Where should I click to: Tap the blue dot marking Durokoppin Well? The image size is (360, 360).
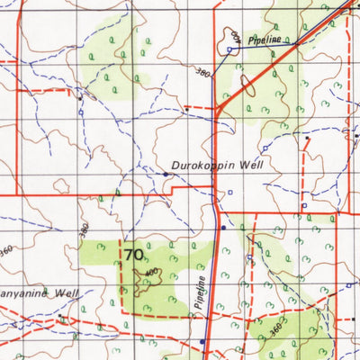click(166, 174)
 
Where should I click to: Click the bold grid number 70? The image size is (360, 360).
click(133, 255)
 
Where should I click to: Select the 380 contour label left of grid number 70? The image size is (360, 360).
click(85, 230)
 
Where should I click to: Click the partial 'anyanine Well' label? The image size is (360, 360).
click(40, 293)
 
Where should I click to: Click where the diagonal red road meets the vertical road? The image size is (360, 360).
click(217, 110)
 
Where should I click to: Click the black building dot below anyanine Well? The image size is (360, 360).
click(60, 317)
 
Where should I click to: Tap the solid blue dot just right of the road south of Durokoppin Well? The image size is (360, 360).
click(224, 228)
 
